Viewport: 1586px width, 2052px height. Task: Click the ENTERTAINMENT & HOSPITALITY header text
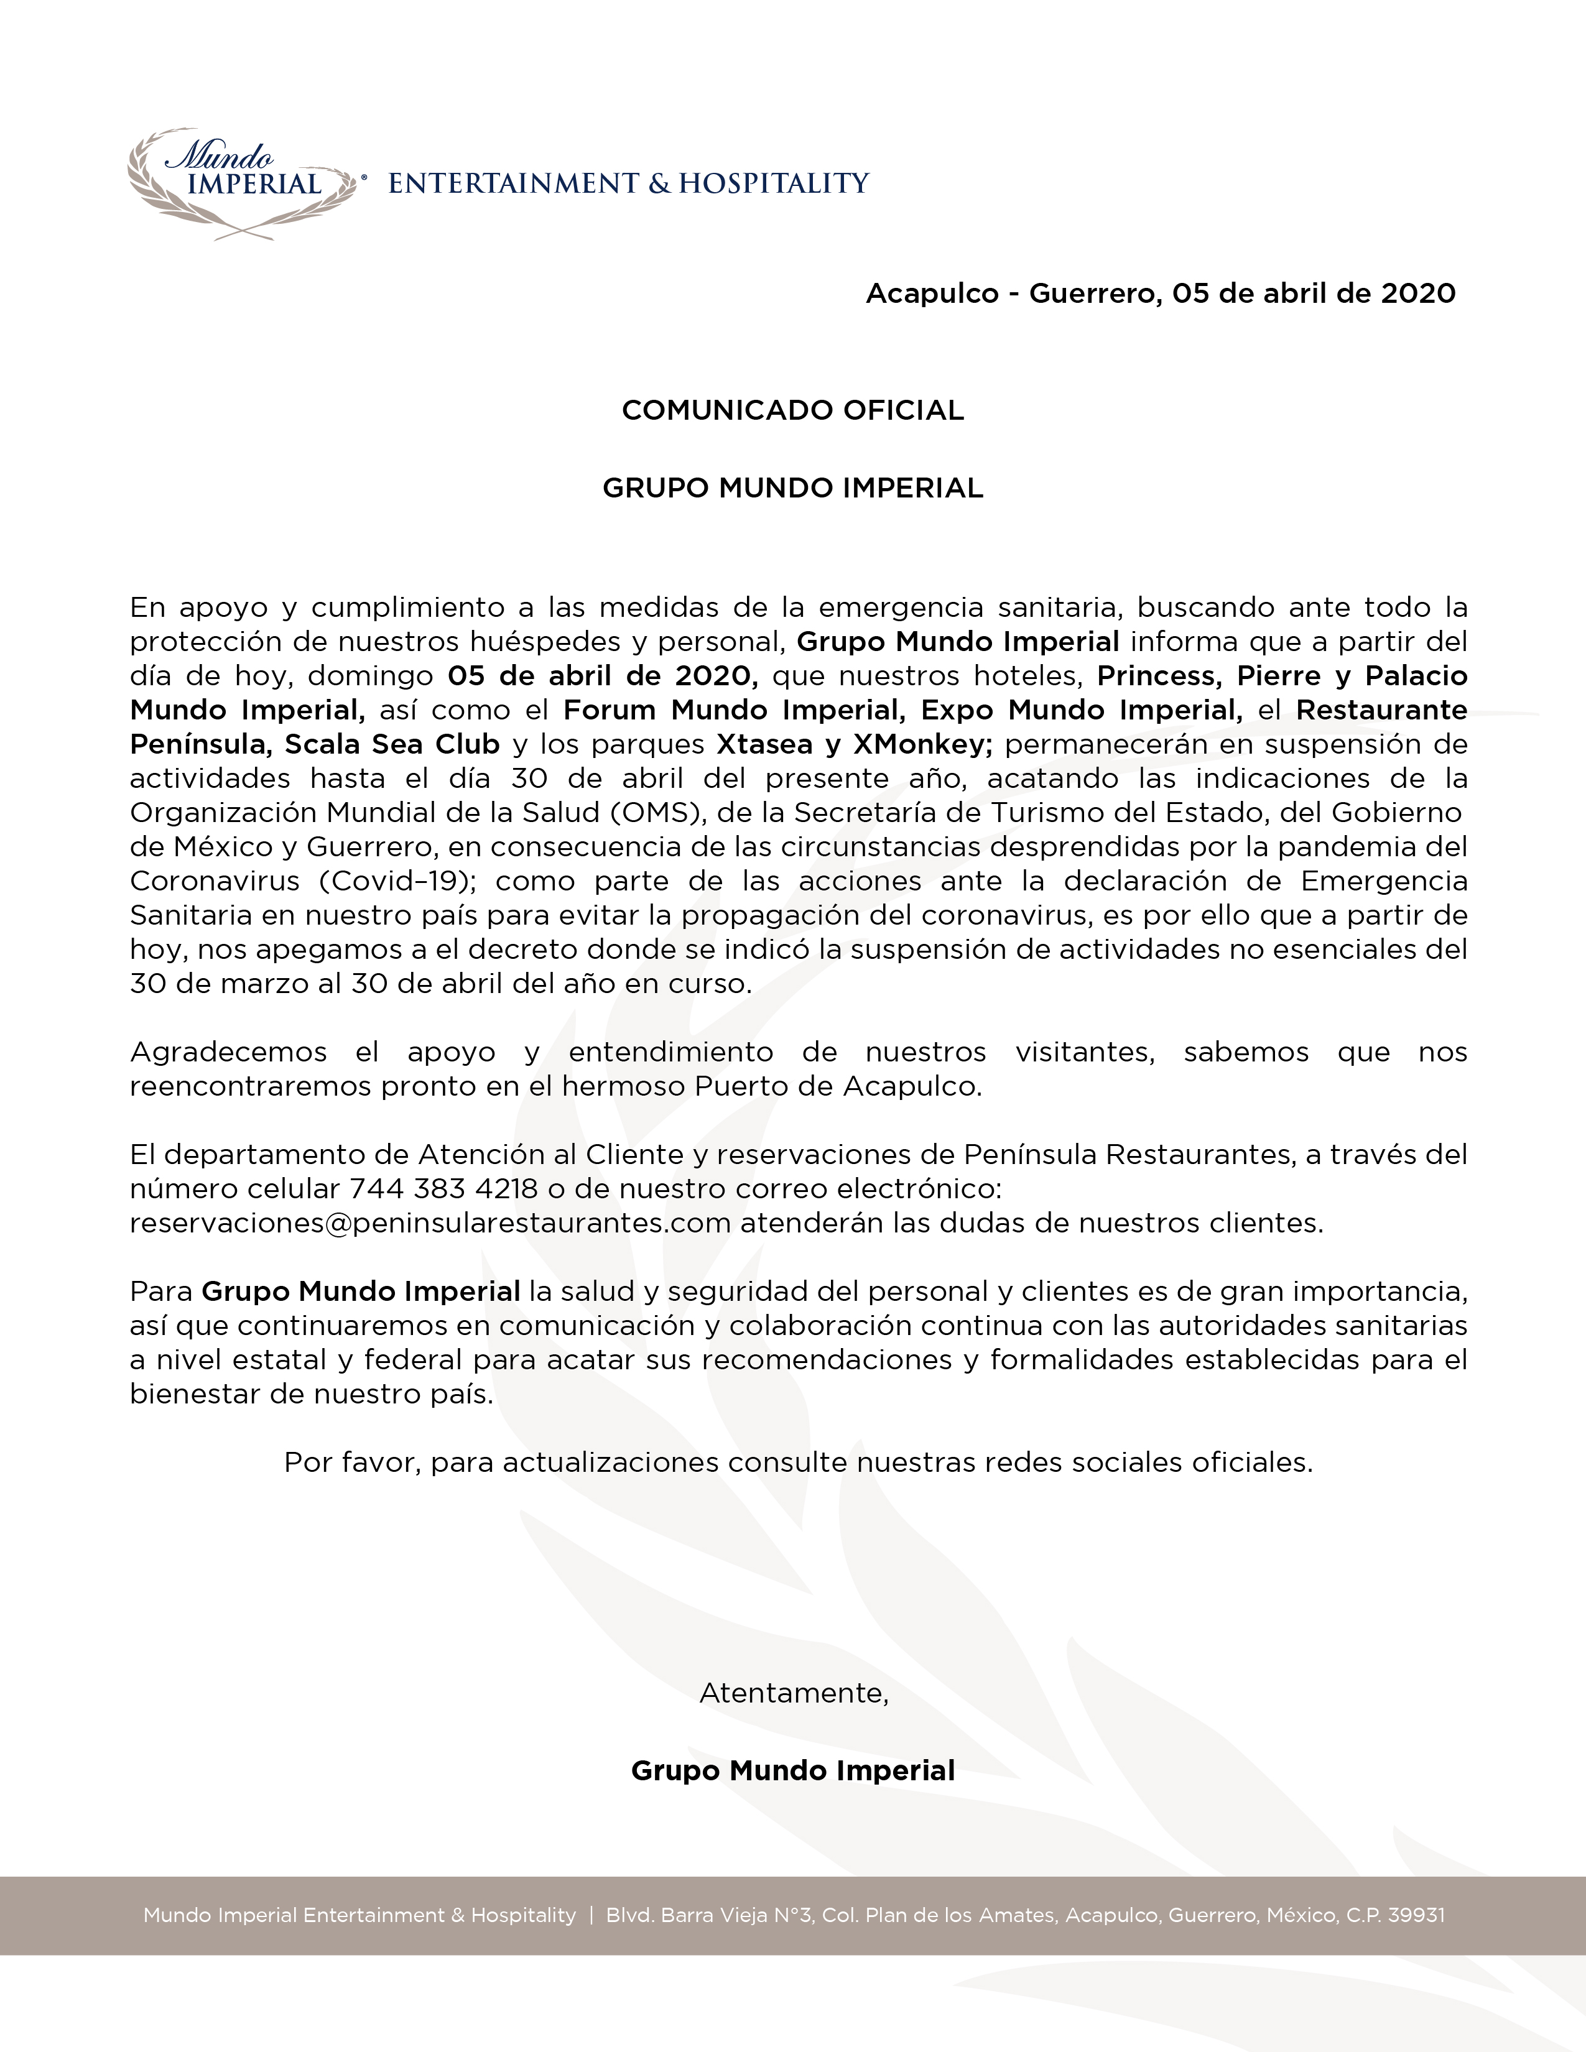click(629, 183)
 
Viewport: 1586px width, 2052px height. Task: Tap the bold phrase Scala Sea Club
click(392, 745)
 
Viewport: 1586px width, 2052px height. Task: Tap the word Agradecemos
click(228, 1052)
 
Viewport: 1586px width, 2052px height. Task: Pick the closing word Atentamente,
click(793, 1693)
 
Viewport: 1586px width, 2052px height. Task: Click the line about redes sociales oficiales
click(798, 1463)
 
